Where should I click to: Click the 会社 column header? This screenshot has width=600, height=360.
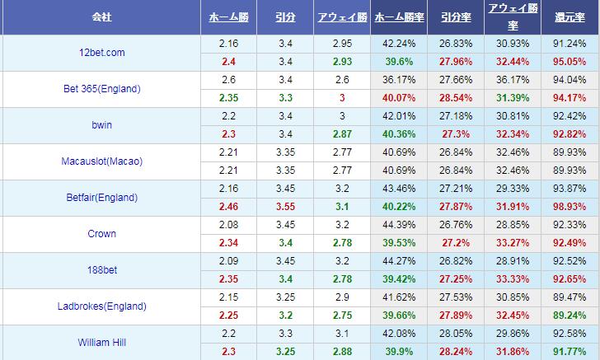coord(102,17)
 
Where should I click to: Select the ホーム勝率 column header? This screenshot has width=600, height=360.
coord(399,17)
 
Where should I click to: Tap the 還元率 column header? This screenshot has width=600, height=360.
coord(570,17)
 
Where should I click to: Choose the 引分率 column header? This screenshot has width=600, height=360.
coord(456,17)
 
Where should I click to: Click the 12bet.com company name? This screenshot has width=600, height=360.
coord(102,53)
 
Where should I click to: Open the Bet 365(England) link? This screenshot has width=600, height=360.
coord(102,89)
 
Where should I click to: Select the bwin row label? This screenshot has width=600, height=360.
coord(102,125)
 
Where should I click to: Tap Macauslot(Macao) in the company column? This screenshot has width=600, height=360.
coord(102,161)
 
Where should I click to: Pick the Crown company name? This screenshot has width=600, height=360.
coord(102,234)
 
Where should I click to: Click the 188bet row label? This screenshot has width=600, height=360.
coord(102,270)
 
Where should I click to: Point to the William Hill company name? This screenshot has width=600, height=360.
coord(102,343)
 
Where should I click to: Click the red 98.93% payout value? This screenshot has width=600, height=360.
coord(570,207)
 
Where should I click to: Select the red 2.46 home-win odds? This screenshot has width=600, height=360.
coord(228,207)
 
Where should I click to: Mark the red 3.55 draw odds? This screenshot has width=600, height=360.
coord(285,207)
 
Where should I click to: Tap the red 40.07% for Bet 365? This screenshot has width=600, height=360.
coord(399,98)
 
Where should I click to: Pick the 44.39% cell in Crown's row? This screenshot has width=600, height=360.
coord(399,225)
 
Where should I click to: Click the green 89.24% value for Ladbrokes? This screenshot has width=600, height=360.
coord(570,316)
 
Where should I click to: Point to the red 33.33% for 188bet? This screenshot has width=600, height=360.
coord(513,279)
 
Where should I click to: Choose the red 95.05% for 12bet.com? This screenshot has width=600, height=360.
coord(570,62)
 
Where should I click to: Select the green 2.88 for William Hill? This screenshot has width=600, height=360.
coord(342,352)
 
